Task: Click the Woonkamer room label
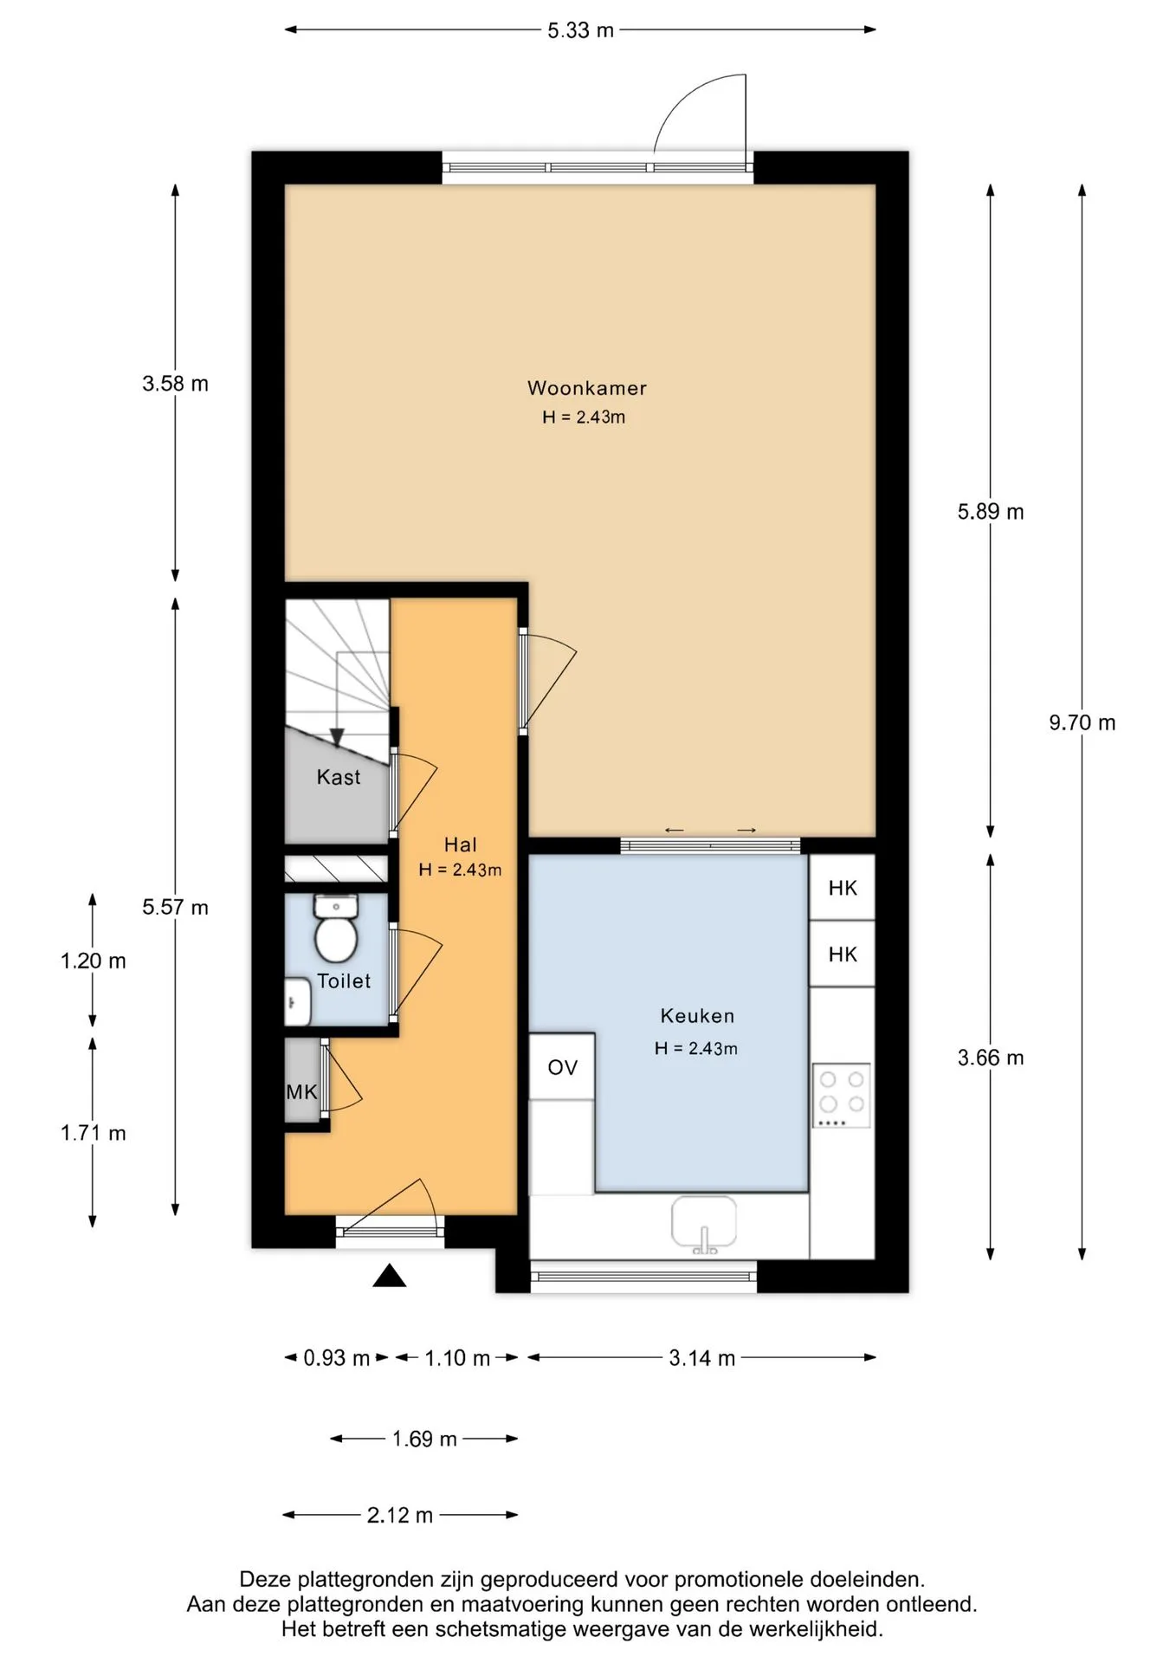click(587, 388)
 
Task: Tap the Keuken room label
click(697, 1016)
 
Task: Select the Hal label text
click(461, 844)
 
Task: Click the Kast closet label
click(339, 777)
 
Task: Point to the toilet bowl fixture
click(336, 929)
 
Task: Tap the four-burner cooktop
click(842, 1096)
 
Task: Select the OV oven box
click(562, 1067)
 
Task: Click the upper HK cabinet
click(843, 887)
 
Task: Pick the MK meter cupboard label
click(301, 1091)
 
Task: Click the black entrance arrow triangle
click(390, 1275)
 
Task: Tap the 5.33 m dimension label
click(580, 30)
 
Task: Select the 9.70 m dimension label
click(1082, 722)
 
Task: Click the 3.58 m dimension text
click(176, 384)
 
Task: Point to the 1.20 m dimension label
click(94, 961)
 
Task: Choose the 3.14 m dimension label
click(702, 1358)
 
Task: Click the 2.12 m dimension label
click(400, 1515)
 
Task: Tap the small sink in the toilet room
click(298, 1002)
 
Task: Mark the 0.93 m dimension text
click(337, 1358)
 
